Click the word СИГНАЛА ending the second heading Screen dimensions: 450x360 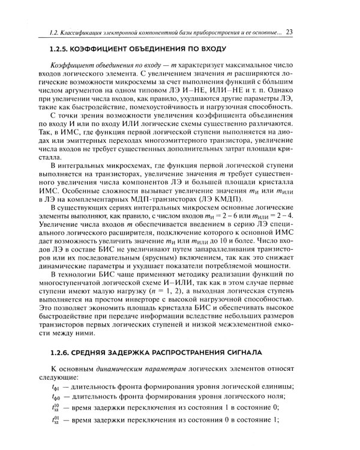262,351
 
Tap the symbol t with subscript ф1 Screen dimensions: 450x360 56,390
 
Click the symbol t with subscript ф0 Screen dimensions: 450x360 56,401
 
